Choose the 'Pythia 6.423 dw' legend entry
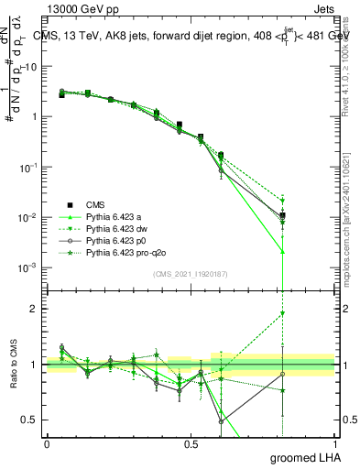tap(116, 228)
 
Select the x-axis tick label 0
tap(47, 443)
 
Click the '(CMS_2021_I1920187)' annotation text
tap(191, 274)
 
